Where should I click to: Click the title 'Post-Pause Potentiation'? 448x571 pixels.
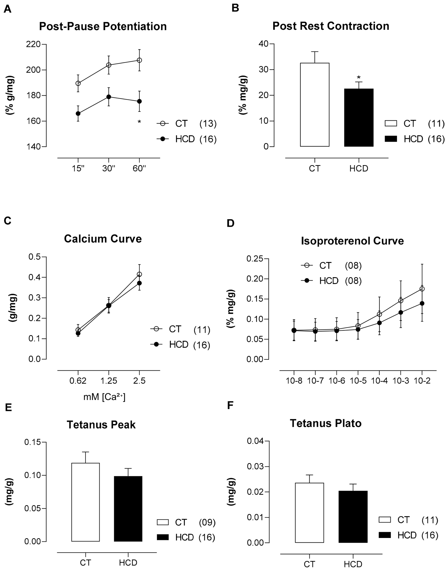(x=103, y=26)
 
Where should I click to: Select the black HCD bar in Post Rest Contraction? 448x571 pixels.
(x=359, y=118)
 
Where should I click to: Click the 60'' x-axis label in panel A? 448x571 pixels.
(x=139, y=169)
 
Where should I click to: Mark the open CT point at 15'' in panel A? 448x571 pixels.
(x=78, y=83)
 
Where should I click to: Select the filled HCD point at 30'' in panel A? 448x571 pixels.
(x=109, y=97)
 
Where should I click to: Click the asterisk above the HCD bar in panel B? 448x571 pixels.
(x=359, y=78)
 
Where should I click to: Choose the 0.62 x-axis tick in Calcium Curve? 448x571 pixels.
(x=78, y=381)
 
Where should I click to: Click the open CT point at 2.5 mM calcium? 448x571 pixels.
(x=139, y=274)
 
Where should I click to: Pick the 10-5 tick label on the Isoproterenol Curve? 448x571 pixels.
(x=358, y=381)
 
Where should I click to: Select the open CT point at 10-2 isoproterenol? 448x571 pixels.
(x=422, y=289)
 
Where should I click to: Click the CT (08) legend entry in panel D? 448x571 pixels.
(x=332, y=265)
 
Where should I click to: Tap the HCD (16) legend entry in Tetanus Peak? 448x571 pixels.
(x=186, y=537)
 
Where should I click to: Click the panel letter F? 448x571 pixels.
(x=230, y=406)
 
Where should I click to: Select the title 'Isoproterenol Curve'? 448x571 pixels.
(x=352, y=241)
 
